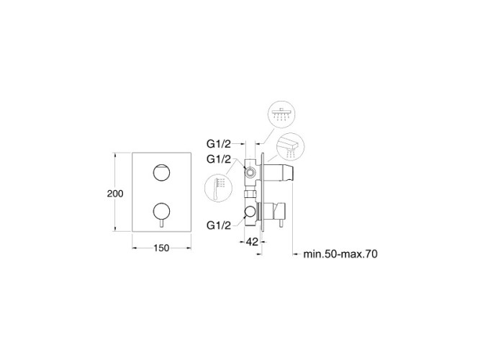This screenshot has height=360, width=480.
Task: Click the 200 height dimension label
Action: pyautogui.click(x=115, y=194)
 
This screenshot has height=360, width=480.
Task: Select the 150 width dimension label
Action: pyautogui.click(x=161, y=248)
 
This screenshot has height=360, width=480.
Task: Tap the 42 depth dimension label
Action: pyautogui.click(x=252, y=242)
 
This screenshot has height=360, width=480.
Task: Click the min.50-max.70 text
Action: pyautogui.click(x=340, y=254)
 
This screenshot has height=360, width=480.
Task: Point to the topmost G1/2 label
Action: pyautogui.click(x=219, y=143)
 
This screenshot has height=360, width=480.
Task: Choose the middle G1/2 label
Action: pyautogui.click(x=219, y=159)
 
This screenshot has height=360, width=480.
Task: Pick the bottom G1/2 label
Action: pyautogui.click(x=219, y=225)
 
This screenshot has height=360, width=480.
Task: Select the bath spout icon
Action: pyautogui.click(x=290, y=147)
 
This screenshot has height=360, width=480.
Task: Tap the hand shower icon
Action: pyautogui.click(x=218, y=187)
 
